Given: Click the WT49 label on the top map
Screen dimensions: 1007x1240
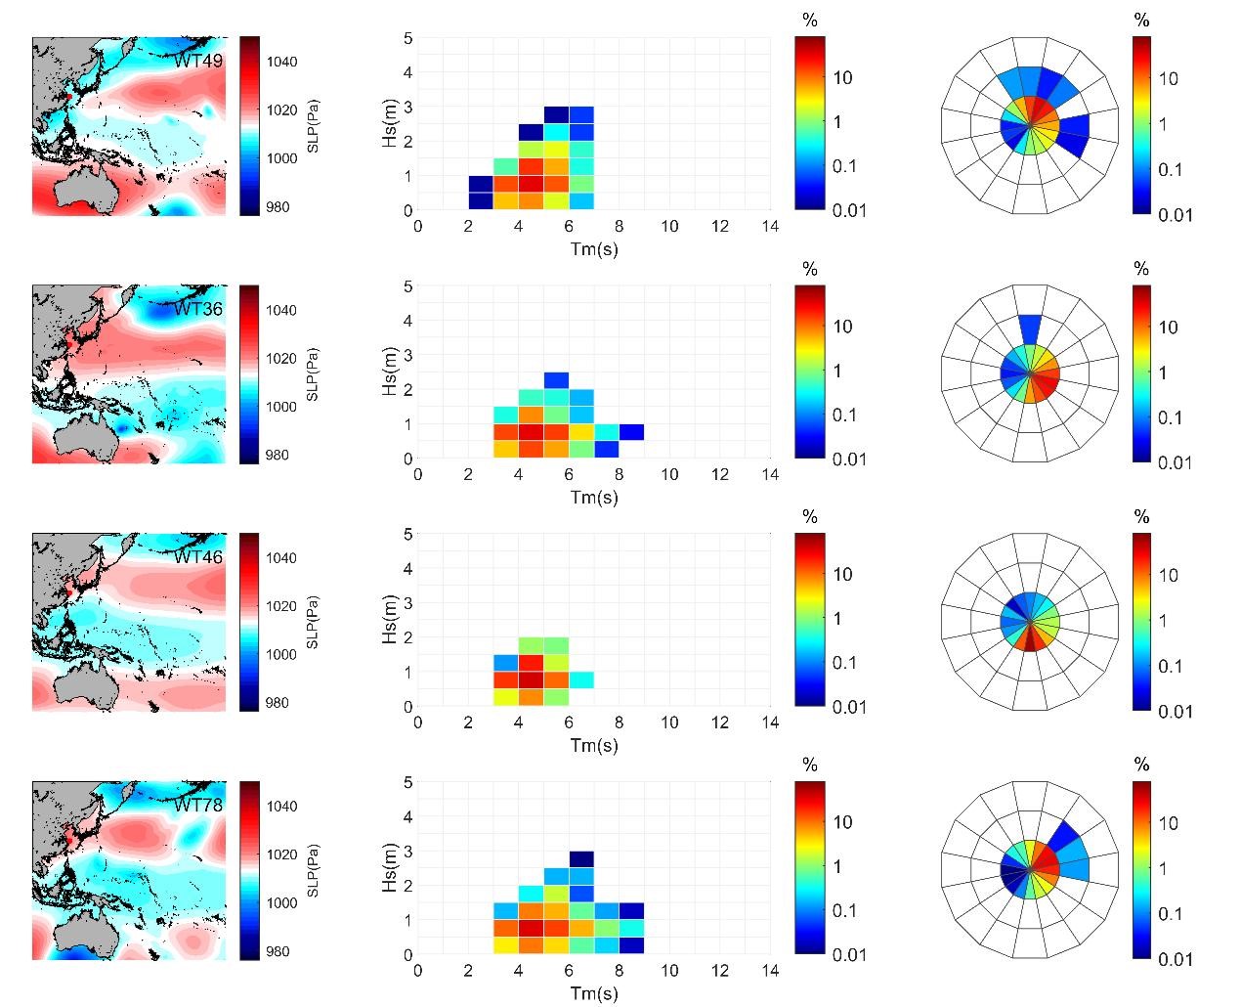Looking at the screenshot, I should (198, 61).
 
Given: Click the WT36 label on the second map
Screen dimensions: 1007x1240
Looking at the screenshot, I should (198, 309).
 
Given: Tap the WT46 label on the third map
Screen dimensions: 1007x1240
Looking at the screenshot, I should (198, 557).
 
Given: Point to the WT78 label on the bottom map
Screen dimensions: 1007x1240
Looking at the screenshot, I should (198, 806).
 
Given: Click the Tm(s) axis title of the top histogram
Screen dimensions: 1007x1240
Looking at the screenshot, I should (594, 248).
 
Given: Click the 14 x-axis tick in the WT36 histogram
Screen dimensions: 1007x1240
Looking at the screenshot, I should (770, 474).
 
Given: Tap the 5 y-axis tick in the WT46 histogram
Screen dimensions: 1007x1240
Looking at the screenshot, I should (408, 534).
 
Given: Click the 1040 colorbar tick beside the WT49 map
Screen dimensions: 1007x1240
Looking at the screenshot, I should (286, 62).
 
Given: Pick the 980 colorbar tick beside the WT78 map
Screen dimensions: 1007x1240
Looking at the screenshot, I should (278, 951).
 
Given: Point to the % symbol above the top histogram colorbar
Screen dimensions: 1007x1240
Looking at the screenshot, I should (809, 21).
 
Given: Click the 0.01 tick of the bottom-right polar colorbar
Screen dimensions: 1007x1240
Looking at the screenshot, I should (1176, 959).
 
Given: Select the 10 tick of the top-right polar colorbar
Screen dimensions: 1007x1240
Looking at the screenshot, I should (1169, 79).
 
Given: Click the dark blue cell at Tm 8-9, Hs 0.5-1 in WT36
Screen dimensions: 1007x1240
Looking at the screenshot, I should (631, 432).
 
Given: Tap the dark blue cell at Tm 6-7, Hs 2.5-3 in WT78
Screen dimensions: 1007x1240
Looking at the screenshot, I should (581, 859).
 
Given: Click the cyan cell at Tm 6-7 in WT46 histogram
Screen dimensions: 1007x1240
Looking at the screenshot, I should (581, 679).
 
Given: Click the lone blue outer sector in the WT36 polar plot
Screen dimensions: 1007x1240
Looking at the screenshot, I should (1029, 328).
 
